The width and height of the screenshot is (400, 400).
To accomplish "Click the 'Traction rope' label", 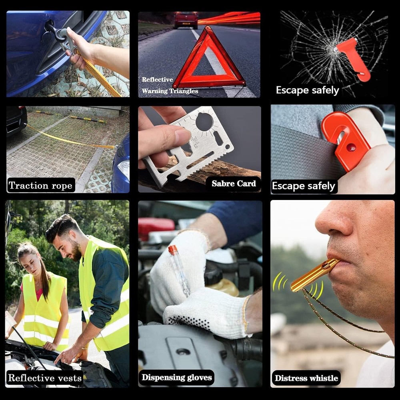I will [41, 186].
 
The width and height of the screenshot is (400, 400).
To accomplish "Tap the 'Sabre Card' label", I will [234, 184].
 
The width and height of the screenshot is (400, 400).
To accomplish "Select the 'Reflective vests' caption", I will [45, 378].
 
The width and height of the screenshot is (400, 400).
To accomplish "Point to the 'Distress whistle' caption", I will [306, 378].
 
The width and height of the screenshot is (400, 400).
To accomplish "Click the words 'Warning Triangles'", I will [170, 91].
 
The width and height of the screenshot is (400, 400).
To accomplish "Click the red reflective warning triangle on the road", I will [209, 60].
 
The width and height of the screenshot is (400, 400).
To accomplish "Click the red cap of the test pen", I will [172, 250].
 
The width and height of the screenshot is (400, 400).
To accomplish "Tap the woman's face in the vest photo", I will [29, 264].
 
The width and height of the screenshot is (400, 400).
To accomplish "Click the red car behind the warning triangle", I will [186, 20].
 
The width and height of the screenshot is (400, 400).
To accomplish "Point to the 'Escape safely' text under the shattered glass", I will [307, 90].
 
